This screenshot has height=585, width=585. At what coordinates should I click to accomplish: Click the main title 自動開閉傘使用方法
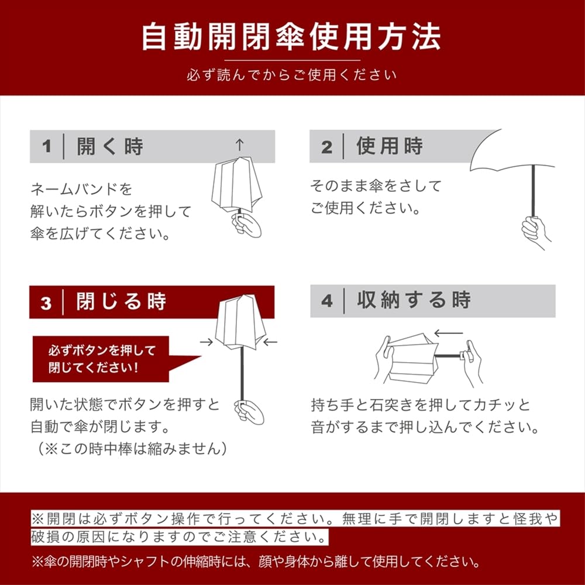point(291,36)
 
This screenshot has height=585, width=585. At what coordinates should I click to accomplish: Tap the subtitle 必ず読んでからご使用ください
point(291,75)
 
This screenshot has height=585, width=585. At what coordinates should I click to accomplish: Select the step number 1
point(47,147)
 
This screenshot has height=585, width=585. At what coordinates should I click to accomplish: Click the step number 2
point(326,147)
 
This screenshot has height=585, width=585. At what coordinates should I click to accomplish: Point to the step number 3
point(46,303)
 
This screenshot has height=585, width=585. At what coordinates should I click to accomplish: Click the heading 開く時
point(110,147)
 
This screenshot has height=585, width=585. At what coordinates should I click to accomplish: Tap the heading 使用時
point(390,146)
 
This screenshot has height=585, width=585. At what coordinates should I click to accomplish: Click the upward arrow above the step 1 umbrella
point(239,144)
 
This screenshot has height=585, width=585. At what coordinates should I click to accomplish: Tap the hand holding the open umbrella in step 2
point(536,230)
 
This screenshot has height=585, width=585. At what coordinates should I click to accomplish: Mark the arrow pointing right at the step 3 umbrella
point(206,342)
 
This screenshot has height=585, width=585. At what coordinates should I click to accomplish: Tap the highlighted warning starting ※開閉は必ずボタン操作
point(292,527)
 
